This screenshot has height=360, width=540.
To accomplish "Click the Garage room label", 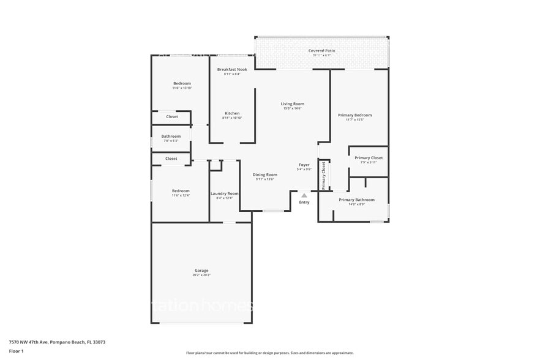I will pyautogui.click(x=201, y=271).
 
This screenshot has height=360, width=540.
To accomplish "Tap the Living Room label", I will pyautogui.click(x=292, y=104).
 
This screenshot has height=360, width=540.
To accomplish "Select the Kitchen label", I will pyautogui.click(x=232, y=113).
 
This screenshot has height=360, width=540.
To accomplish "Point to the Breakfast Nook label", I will pyautogui.click(x=232, y=70).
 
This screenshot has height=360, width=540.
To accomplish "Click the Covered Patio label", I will pyautogui.click(x=321, y=50).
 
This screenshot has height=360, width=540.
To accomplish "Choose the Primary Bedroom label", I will pyautogui.click(x=354, y=115).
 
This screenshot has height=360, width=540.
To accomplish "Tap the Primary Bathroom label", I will pyautogui.click(x=356, y=200).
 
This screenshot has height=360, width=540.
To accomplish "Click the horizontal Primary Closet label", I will pyautogui.click(x=369, y=158).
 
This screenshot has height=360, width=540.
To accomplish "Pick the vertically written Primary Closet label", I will pyautogui.click(x=324, y=175).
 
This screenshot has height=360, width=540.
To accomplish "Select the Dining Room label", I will pyautogui.click(x=265, y=174).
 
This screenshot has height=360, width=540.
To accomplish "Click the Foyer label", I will pyautogui.click(x=304, y=165).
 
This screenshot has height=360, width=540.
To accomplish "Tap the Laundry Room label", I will pyautogui.click(x=224, y=193).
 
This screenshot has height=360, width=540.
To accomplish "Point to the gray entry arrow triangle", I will pyautogui.click(x=304, y=195).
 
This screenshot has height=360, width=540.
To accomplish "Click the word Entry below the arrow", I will pyautogui.click(x=304, y=203).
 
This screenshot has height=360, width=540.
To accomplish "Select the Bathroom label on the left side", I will pyautogui.click(x=171, y=137).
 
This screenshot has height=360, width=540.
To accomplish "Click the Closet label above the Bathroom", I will pyautogui.click(x=172, y=116).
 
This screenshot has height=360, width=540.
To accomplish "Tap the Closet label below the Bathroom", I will pyautogui.click(x=171, y=159).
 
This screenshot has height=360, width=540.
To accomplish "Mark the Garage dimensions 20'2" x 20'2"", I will pyautogui.click(x=201, y=276).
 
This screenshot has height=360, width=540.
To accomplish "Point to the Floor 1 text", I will pyautogui.click(x=16, y=351).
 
